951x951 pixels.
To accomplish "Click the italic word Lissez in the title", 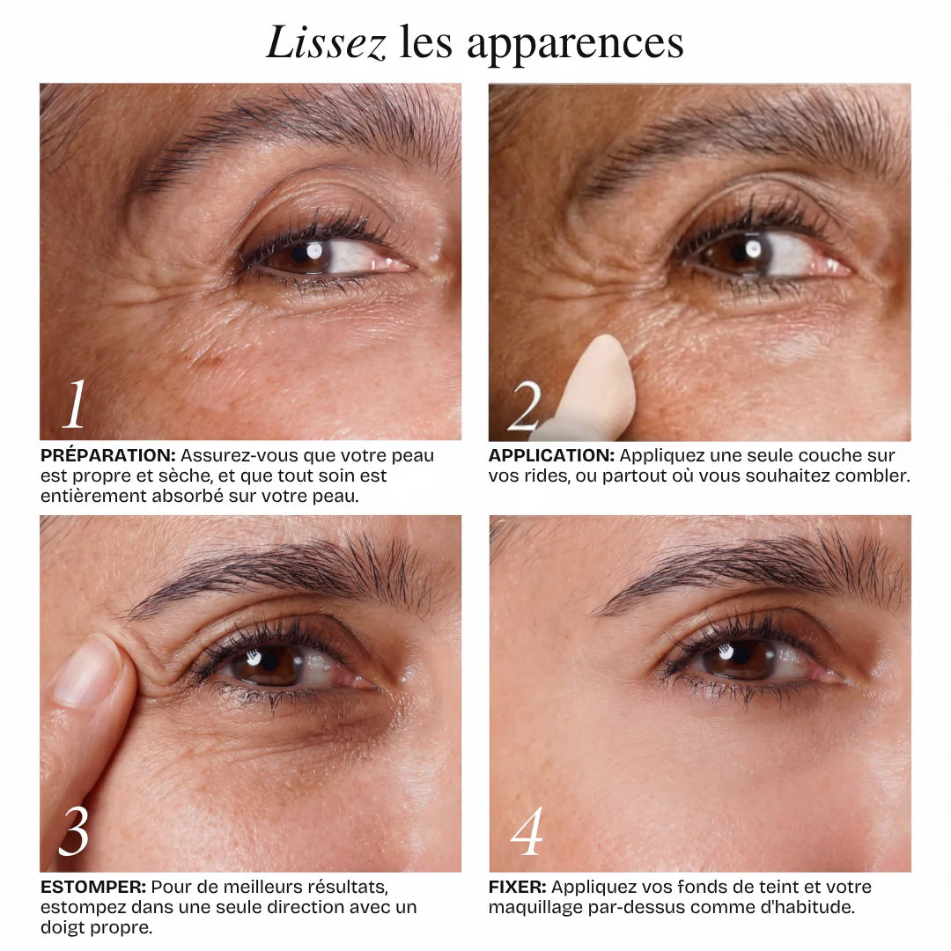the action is [327, 42].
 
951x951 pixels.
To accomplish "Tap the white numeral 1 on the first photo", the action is [75, 404].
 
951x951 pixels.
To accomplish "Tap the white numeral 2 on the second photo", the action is [525, 406].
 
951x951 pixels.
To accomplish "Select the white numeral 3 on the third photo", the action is [73, 831].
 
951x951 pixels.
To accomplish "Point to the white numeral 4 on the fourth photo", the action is [526, 831].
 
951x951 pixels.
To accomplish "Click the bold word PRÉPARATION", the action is [108, 455].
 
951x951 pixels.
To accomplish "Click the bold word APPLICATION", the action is [551, 455].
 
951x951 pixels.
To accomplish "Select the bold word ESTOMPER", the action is [93, 887].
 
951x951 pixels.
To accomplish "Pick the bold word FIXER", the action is [518, 887].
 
